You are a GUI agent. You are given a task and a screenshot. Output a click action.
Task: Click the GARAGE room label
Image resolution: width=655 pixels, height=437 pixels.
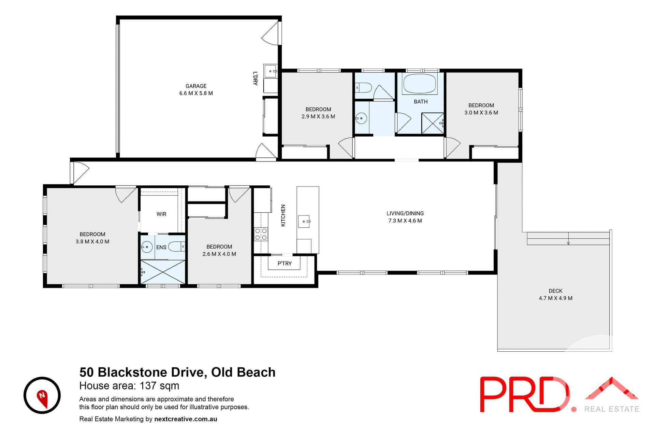coord(196,86)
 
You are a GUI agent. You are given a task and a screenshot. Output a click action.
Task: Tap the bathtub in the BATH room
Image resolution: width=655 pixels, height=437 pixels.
coord(420,84)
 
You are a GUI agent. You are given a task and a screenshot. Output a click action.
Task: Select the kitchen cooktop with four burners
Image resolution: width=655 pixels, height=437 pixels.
coord(261,234)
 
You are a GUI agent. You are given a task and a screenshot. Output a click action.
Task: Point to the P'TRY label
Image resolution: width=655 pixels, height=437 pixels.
coord(285,263)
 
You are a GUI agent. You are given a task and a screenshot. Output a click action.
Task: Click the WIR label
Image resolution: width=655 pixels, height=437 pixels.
coord(161,214)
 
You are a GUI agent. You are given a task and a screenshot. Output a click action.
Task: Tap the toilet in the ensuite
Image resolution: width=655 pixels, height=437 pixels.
coord(177,246)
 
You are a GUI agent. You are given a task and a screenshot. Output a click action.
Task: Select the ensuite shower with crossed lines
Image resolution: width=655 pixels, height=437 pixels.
coord(163,272)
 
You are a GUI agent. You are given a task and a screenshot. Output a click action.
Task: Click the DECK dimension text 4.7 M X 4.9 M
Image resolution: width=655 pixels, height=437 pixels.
coord(555,298)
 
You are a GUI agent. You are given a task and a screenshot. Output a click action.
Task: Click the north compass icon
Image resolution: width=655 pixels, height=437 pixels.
coord(42,395)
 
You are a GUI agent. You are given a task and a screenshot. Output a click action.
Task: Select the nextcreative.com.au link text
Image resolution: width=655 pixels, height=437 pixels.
coord(186,419)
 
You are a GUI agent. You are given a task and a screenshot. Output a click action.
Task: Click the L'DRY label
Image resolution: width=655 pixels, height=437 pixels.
coord(255,78)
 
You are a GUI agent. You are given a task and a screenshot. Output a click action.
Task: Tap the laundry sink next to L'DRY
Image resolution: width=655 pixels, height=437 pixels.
coord(271,71)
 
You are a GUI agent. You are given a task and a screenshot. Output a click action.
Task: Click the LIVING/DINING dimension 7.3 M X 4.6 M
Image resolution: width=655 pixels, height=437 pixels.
coord(405,221)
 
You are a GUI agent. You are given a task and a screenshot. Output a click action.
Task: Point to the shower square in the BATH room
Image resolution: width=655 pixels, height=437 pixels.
coord(432,123)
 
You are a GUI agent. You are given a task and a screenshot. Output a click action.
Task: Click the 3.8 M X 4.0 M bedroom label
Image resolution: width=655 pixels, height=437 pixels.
coord(92,241)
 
